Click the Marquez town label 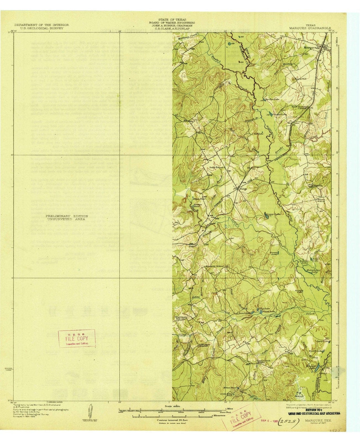tap(310, 47)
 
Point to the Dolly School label tap(216, 167)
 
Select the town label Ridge tap(243, 189)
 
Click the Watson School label tap(321, 200)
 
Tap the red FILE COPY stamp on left tap(77, 338)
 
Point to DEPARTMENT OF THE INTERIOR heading tap(42, 25)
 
